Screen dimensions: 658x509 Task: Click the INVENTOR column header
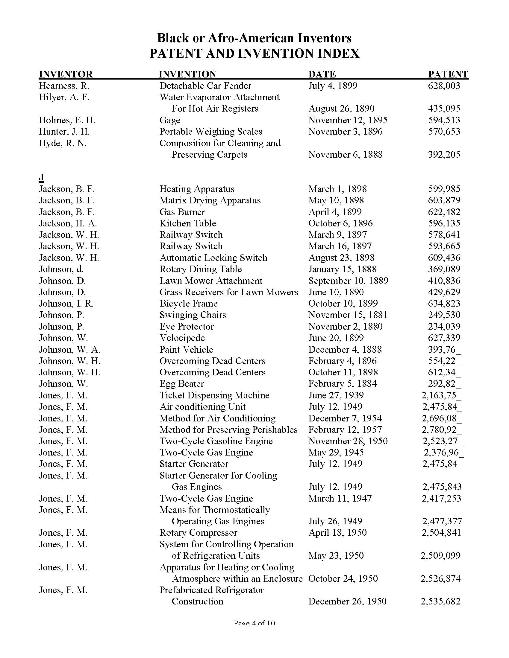coord(66,74)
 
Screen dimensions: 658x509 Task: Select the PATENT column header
coord(448,74)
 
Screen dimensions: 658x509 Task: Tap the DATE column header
coord(322,74)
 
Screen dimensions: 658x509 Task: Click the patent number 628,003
coord(444,86)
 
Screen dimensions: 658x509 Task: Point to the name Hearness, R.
coord(64,86)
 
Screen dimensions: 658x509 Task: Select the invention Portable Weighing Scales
coord(210,132)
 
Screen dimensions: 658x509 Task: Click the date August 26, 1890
coord(341,109)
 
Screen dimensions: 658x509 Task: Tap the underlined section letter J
coord(41,177)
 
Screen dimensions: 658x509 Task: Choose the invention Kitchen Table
coord(187,223)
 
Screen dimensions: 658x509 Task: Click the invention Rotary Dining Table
coord(201,269)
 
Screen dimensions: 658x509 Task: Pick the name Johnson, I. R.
coord(66,303)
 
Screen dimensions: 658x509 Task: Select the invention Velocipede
coord(182,338)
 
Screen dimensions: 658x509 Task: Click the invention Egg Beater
coord(181,384)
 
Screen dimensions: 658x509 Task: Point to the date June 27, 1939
coord(336,395)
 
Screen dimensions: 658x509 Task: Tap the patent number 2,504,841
coord(441,533)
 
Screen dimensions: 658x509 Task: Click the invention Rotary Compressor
coord(198,533)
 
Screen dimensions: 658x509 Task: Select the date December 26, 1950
coord(347,601)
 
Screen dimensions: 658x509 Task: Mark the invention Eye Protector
coord(186,327)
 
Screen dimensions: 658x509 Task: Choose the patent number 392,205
coord(444,155)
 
